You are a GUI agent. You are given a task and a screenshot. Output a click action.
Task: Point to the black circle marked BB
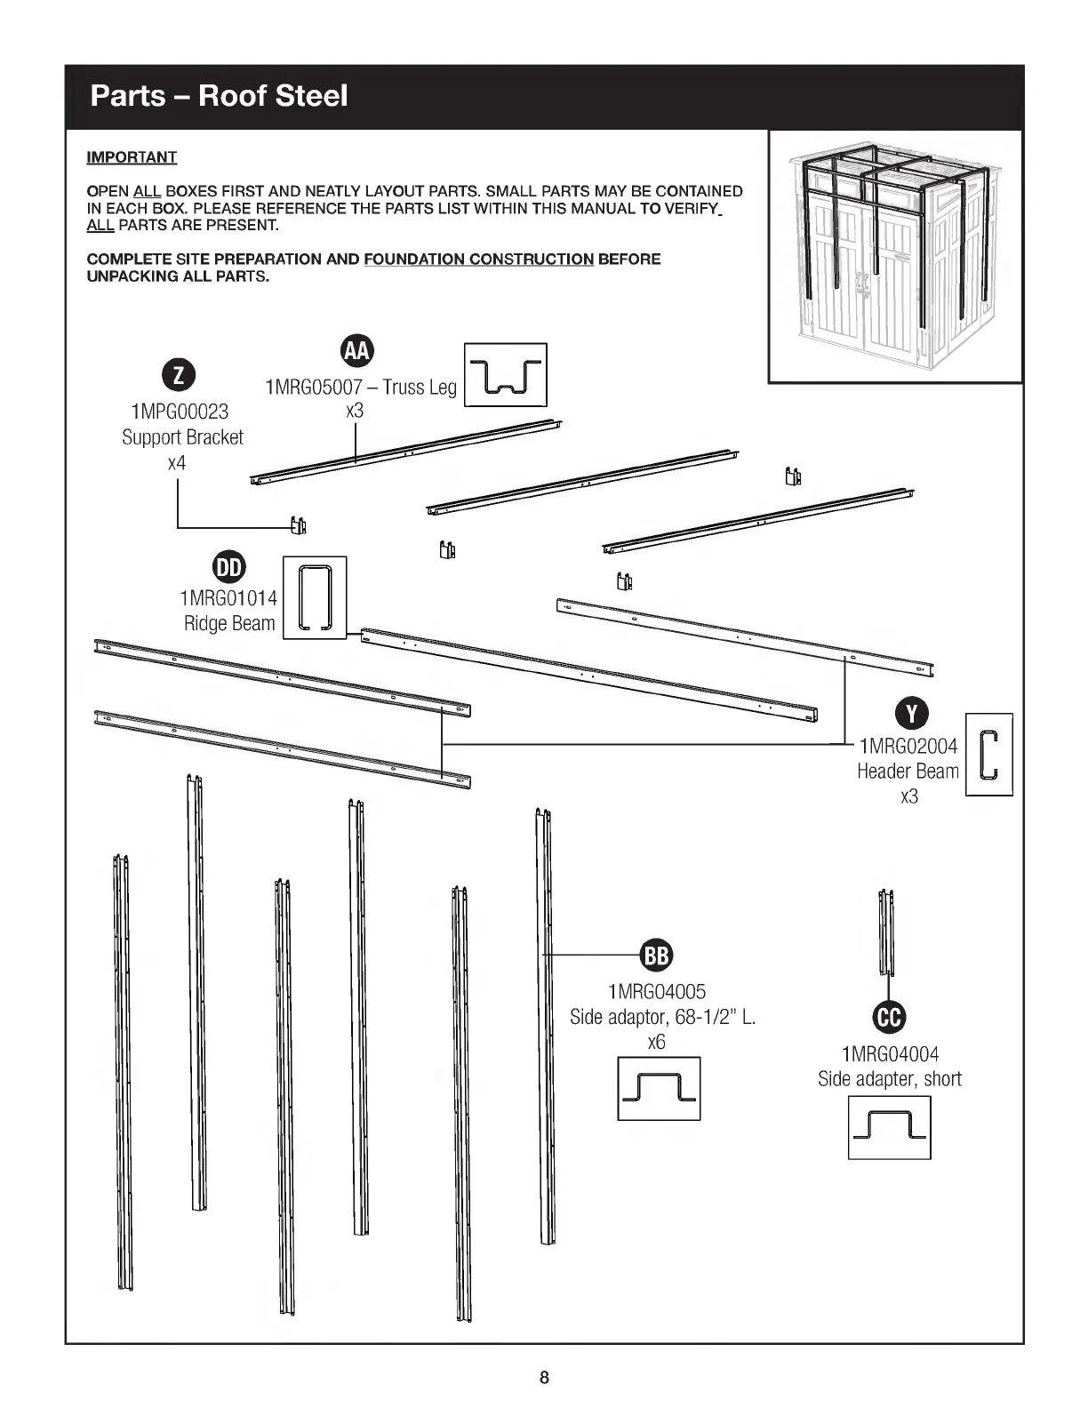tap(656, 956)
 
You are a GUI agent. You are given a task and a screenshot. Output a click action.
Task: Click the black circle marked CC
tap(890, 1019)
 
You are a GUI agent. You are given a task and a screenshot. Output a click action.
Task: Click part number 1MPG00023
tap(179, 412)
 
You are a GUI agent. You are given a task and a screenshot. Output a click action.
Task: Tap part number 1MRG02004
tap(908, 746)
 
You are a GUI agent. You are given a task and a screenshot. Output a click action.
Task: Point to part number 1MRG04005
tap(657, 991)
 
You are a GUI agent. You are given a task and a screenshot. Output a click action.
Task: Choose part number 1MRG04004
tap(890, 1054)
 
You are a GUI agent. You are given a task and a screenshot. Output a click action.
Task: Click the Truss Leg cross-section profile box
tap(506, 375)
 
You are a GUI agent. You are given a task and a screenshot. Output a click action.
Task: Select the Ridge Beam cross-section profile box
tap(314, 597)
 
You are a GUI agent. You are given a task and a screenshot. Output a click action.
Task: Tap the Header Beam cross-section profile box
tap(988, 754)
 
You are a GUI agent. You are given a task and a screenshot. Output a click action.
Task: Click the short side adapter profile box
tap(889, 1127)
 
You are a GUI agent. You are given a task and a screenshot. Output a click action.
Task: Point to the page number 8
tap(544, 1379)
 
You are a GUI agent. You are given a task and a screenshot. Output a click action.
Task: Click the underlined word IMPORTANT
tap(132, 157)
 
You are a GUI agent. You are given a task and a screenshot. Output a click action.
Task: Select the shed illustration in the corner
tap(895, 257)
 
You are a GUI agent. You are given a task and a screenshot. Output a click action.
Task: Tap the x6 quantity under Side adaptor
tap(656, 1042)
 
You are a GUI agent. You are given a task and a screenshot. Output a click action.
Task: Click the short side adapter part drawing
tap(886, 932)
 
